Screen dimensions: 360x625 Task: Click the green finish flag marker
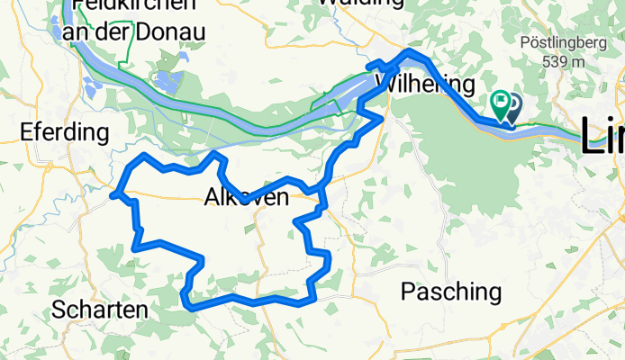click(500, 103)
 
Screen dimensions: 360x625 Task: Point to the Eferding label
click(64, 133)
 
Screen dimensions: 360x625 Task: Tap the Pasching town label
click(450, 292)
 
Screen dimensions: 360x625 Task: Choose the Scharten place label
click(99, 310)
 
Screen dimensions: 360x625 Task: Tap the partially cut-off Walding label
click(360, 4)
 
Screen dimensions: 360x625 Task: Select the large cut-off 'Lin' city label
click(602, 135)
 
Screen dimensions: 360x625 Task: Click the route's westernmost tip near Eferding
click(112, 194)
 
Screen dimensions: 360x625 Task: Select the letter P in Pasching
click(407, 292)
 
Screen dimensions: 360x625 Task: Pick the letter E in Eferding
click(26, 133)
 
